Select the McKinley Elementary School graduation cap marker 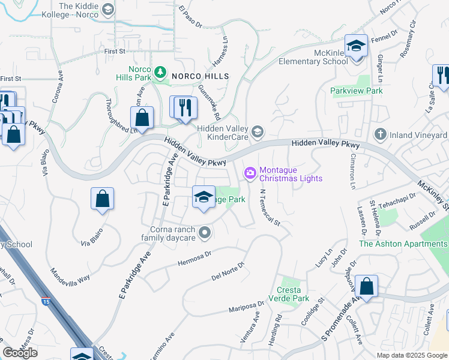[x=356, y=46]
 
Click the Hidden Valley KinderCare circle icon [x=257, y=131]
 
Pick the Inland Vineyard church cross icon [x=379, y=134]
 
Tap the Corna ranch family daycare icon [x=205, y=232]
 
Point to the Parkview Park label [x=357, y=91]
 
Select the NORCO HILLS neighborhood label [x=200, y=76]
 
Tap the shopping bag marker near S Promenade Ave [x=366, y=287]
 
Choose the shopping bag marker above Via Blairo [x=103, y=199]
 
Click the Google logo [x=20, y=353]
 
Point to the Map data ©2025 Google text [x=412, y=355]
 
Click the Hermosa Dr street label [x=195, y=258]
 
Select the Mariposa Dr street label [x=247, y=307]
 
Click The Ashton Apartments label [x=403, y=244]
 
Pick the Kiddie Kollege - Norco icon [x=107, y=9]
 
